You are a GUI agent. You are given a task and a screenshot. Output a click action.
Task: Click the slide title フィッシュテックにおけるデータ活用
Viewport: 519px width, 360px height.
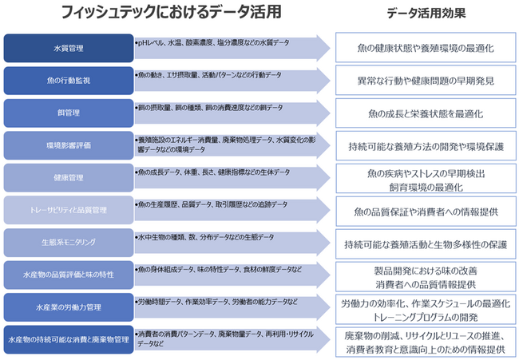pos(168,14)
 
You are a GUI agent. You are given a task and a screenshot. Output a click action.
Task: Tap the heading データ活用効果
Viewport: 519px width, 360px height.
pos(426,14)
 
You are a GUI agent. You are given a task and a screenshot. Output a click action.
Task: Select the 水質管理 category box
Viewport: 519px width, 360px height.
pos(67,48)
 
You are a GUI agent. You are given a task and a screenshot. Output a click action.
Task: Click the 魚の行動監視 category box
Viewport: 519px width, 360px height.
pos(67,81)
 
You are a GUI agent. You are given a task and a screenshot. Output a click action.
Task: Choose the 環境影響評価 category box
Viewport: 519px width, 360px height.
pos(67,146)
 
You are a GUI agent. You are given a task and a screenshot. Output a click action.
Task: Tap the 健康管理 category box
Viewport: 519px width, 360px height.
pos(67,178)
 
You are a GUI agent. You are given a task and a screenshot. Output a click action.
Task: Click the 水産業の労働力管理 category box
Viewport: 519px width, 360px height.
pos(67,307)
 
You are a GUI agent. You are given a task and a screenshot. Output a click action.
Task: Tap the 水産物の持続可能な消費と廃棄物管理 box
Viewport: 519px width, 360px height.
pos(67,340)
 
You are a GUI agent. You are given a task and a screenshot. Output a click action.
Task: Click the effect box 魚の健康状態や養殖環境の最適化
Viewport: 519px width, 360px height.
pos(426,48)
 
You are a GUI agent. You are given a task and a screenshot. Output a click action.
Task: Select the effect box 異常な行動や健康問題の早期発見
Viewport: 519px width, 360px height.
pos(426,81)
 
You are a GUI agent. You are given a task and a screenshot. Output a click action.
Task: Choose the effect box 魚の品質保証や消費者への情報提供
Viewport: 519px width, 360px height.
pos(426,211)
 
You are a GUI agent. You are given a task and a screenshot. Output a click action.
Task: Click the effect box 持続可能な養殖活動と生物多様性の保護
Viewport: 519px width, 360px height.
pos(426,243)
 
